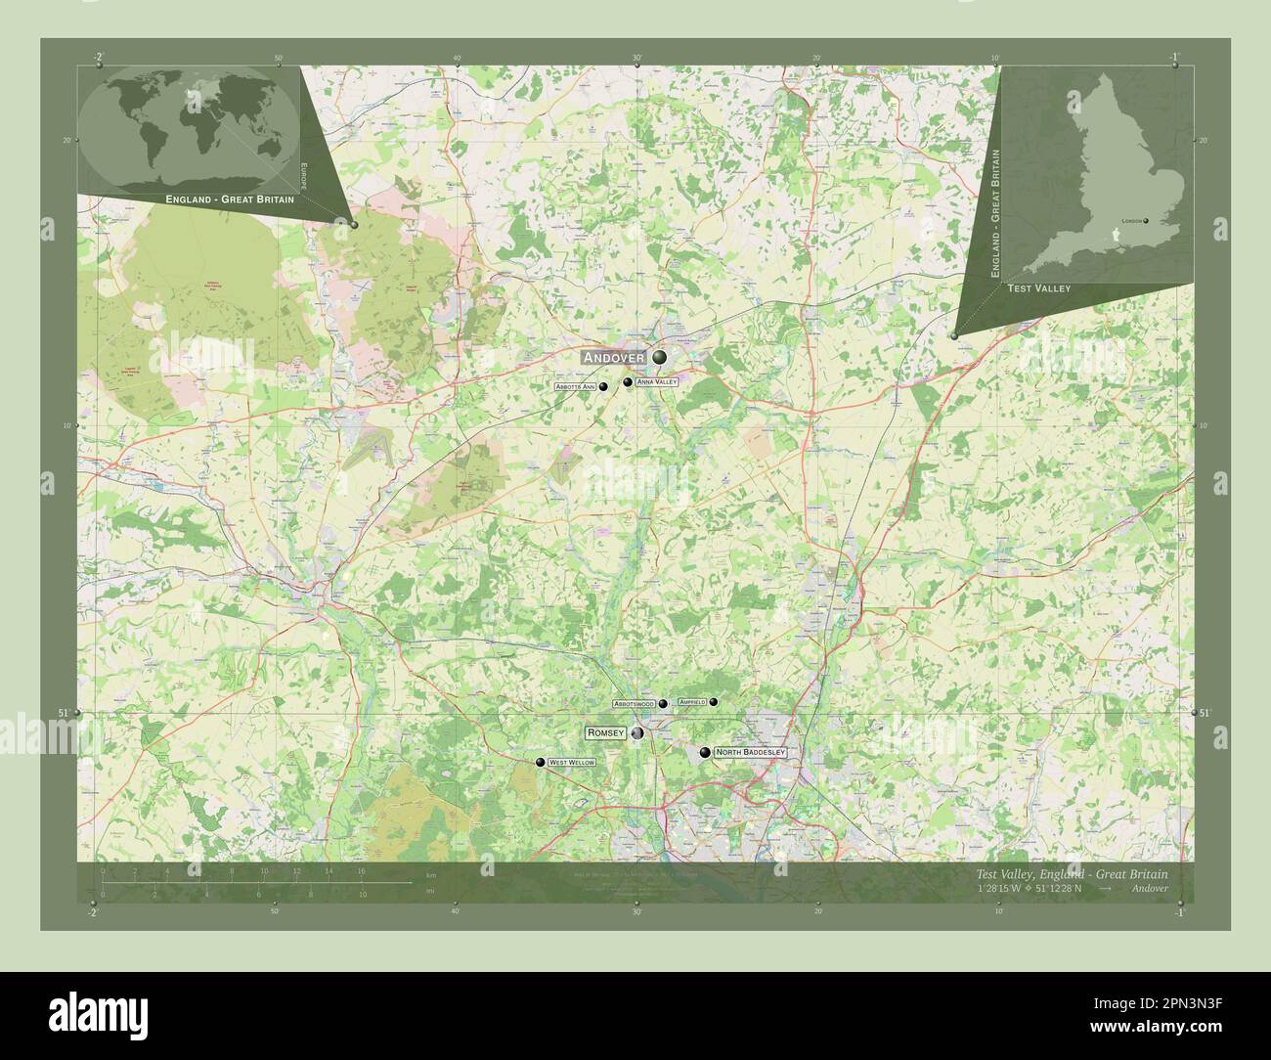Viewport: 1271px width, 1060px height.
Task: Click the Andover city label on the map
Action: pos(614,358)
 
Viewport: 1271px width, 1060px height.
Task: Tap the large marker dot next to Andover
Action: pos(660,357)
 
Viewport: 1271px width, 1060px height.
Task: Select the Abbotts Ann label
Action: pos(575,387)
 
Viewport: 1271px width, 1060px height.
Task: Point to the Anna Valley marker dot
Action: pos(628,382)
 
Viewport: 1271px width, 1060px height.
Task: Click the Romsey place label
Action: pos(604,732)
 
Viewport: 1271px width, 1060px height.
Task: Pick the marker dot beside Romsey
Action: pos(637,733)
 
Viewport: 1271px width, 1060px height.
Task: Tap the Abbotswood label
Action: pos(634,704)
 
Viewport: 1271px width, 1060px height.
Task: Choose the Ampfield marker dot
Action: pos(714,702)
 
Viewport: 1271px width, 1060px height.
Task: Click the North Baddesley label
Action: pos(750,752)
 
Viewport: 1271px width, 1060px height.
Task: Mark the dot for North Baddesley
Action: pos(705,752)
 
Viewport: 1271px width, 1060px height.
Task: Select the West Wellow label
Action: pos(571,762)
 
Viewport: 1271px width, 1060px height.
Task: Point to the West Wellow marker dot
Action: pos(540,763)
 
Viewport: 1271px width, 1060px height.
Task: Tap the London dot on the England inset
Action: pos(1146,221)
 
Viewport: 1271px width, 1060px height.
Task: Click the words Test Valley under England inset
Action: pos(1038,288)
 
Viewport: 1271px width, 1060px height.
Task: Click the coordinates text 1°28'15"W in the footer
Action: pos(1005,888)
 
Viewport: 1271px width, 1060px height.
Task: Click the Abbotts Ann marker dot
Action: pos(603,387)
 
